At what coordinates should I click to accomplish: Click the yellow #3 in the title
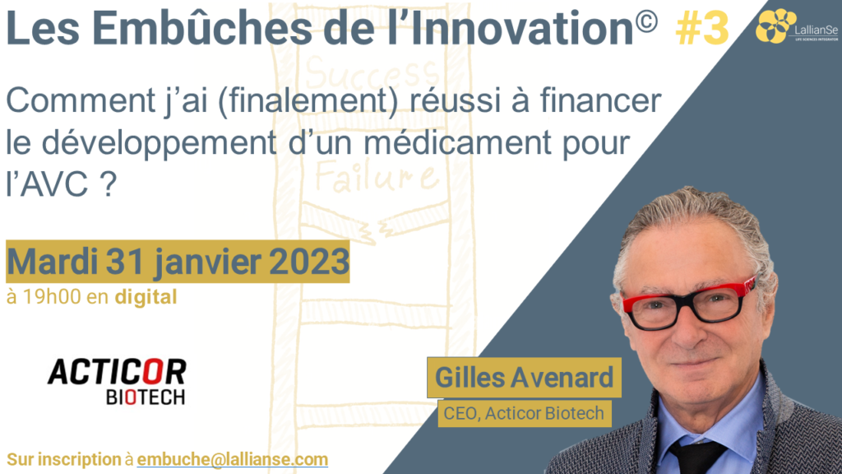702,29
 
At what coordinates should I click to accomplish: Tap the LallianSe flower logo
775,26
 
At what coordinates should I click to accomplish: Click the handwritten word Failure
375,174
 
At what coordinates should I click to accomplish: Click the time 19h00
52,296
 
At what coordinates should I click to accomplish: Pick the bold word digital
146,297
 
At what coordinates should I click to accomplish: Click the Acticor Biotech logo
117,382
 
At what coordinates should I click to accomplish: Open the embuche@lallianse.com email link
233,459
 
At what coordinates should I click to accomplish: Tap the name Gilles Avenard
524,377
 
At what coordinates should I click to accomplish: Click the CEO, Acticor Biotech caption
524,413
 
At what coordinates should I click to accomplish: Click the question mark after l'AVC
108,184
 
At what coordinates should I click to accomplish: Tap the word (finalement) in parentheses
308,100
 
